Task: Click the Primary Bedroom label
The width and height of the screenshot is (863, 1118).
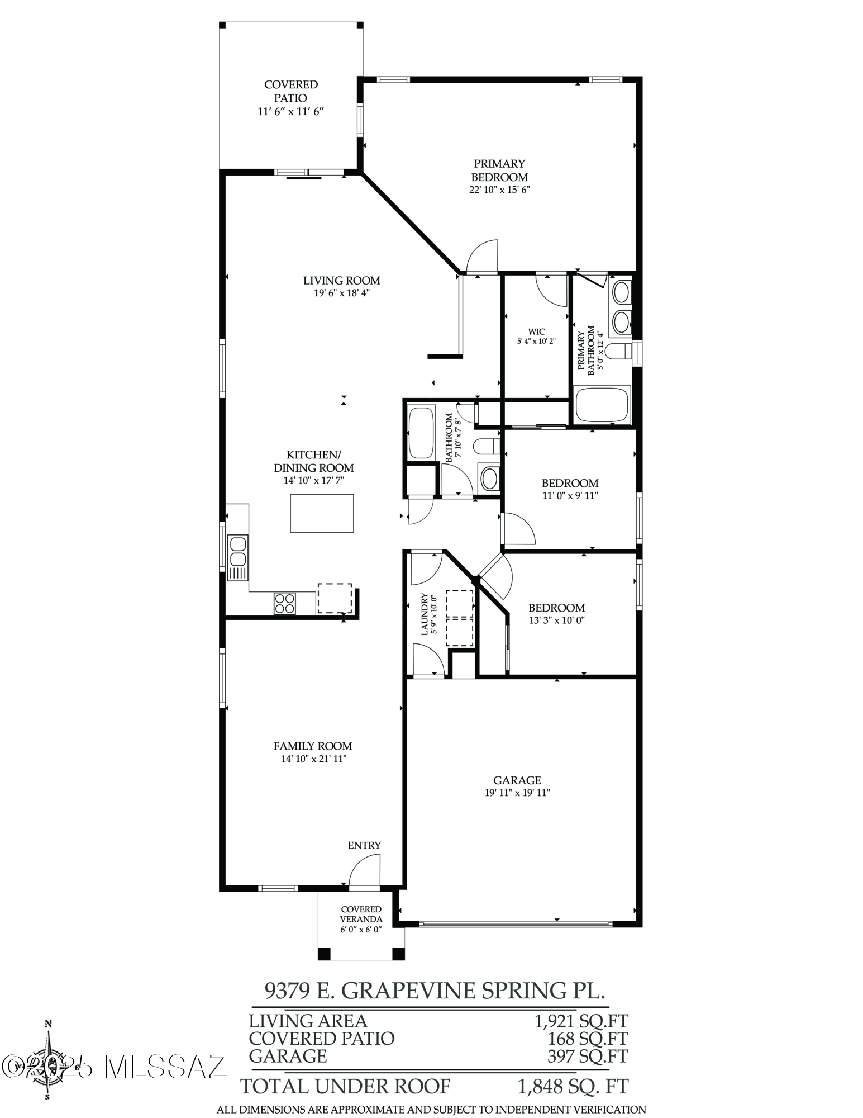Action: [x=499, y=170]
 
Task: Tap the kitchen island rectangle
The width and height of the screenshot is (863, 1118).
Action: [x=322, y=513]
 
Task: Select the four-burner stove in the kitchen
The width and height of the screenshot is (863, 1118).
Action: [x=285, y=603]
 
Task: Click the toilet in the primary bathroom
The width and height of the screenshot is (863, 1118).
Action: [x=618, y=352]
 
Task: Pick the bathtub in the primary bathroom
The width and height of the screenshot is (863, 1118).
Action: [x=603, y=404]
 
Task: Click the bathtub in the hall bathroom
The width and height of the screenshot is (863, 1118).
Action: [x=422, y=434]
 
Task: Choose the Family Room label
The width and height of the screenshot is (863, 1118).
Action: [x=313, y=746]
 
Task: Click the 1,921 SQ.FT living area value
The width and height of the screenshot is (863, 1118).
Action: [x=581, y=1021]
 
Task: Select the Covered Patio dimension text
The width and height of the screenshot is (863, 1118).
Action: [x=291, y=111]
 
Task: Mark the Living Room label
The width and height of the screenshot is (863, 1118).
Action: [x=342, y=281]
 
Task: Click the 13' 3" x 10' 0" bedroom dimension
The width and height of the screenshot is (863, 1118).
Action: [x=556, y=620]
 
